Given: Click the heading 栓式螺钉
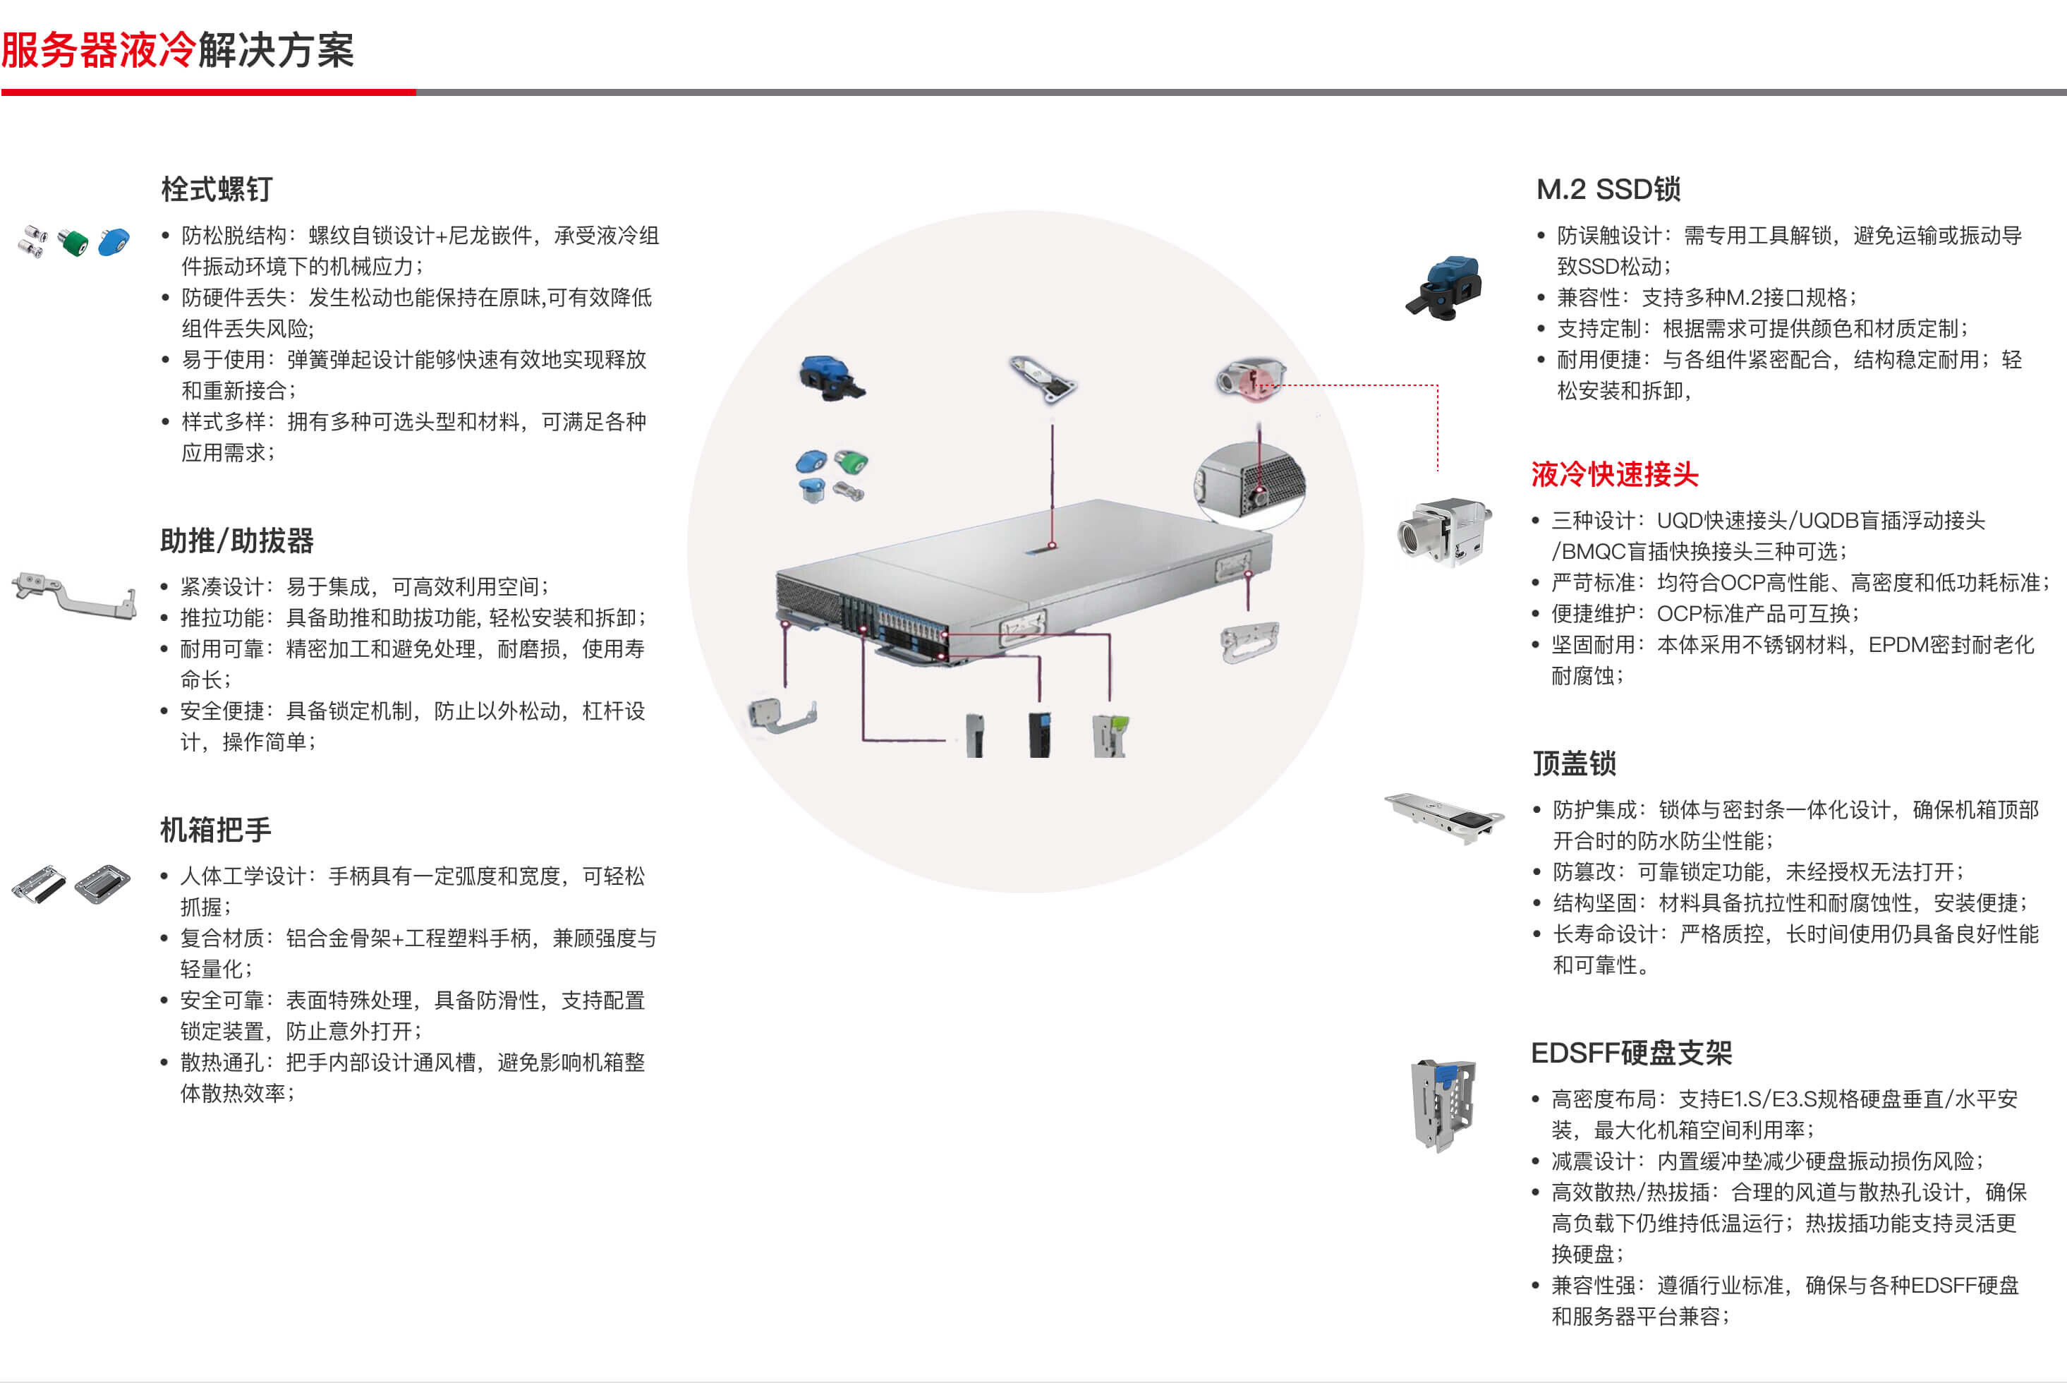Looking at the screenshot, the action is [217, 189].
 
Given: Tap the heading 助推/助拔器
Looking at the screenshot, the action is [237, 540].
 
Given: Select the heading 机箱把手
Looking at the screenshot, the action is [216, 829].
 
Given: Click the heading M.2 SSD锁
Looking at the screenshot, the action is [1608, 189].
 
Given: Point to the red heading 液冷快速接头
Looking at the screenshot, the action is [1615, 474].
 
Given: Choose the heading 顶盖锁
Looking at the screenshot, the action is [1574, 763].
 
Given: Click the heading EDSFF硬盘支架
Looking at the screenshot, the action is [1631, 1052].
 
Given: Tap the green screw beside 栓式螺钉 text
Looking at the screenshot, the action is [73, 241].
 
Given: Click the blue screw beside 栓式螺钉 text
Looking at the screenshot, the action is [114, 241].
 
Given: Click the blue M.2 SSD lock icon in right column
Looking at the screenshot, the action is [1443, 288].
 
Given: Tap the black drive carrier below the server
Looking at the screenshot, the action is [1041, 734].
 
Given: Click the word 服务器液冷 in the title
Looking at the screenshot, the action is [99, 49].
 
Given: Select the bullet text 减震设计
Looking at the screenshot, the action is [1594, 1161].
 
